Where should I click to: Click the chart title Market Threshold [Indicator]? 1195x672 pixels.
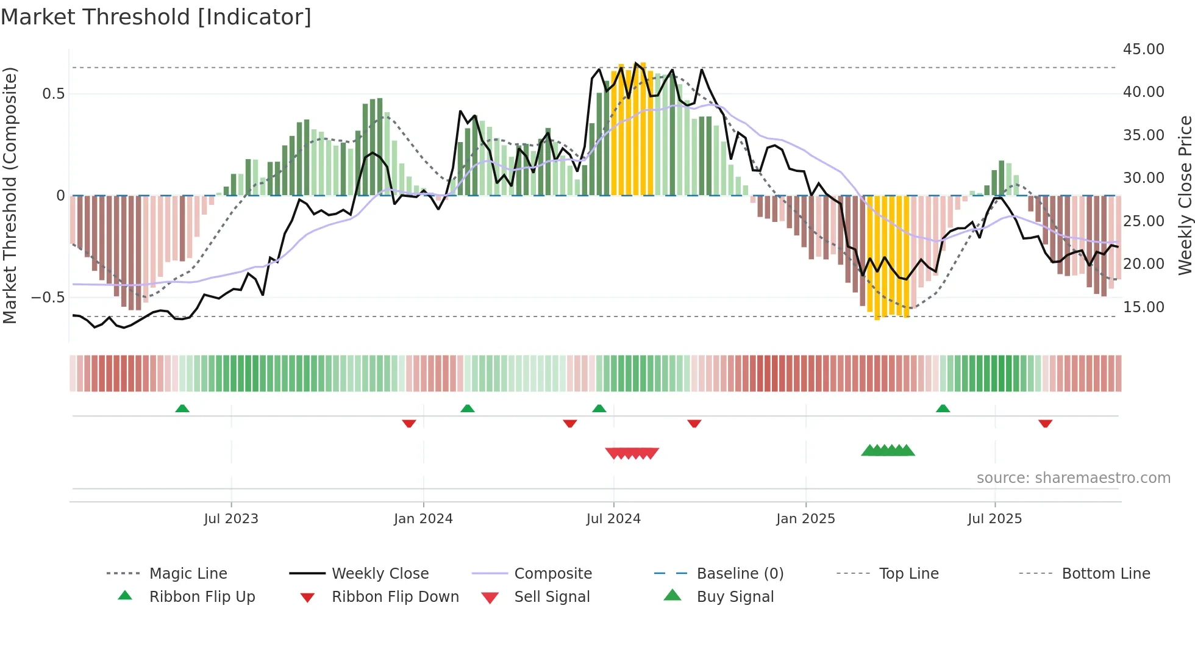coord(156,17)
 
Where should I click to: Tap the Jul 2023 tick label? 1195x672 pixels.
coord(231,519)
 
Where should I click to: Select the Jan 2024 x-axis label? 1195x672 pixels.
coord(423,519)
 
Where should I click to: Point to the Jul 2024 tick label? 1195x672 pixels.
coord(613,519)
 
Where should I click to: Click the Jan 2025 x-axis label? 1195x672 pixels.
coord(805,519)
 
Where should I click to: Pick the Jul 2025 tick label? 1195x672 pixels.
coord(994,519)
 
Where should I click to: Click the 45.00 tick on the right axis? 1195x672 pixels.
coord(1143,49)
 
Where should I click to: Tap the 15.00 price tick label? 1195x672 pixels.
coord(1143,307)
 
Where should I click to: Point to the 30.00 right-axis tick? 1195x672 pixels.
coord(1143,178)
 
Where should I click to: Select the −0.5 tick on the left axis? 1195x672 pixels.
coord(48,298)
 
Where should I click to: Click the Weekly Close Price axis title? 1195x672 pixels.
coord(1185,195)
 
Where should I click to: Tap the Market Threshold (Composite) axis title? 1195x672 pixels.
coord(10,195)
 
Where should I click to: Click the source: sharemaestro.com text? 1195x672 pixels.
coord(1073,478)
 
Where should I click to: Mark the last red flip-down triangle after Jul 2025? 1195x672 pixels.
coord(1045,423)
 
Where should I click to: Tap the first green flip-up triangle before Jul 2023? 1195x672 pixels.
coord(182,409)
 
